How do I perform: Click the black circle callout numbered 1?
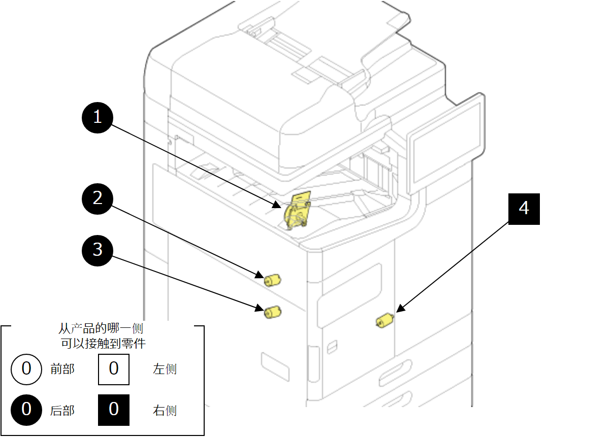pyautogui.click(x=98, y=118)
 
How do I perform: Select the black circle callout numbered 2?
pyautogui.click(x=98, y=198)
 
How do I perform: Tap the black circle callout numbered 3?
pyautogui.click(x=98, y=250)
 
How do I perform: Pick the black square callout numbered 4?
pyautogui.click(x=524, y=209)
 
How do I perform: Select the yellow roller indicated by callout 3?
pyautogui.click(x=272, y=312)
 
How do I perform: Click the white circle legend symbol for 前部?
pyautogui.click(x=26, y=369)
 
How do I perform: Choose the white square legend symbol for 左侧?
pyautogui.click(x=113, y=369)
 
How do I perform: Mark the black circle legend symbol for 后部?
pyautogui.click(x=26, y=410)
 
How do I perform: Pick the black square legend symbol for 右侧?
pyautogui.click(x=113, y=410)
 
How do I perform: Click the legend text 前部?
pyautogui.click(x=62, y=369)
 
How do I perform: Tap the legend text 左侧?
pyautogui.click(x=165, y=369)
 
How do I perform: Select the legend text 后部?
pyautogui.click(x=62, y=410)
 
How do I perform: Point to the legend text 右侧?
pyautogui.click(x=165, y=410)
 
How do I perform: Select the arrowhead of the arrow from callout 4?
pyautogui.click(x=399, y=309)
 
